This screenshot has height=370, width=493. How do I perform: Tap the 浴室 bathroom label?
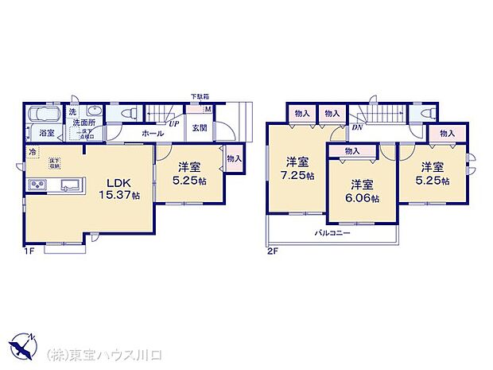[47, 134]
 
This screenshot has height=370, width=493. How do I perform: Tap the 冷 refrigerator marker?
[33, 152]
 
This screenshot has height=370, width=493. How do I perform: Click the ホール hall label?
[153, 134]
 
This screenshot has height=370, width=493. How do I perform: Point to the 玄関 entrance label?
[199, 128]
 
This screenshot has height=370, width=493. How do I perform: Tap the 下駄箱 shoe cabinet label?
[199, 97]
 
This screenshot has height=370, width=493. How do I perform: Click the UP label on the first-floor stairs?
[173, 124]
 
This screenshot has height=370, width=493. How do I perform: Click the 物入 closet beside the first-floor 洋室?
[233, 159]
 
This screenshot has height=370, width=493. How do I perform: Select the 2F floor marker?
[274, 252]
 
